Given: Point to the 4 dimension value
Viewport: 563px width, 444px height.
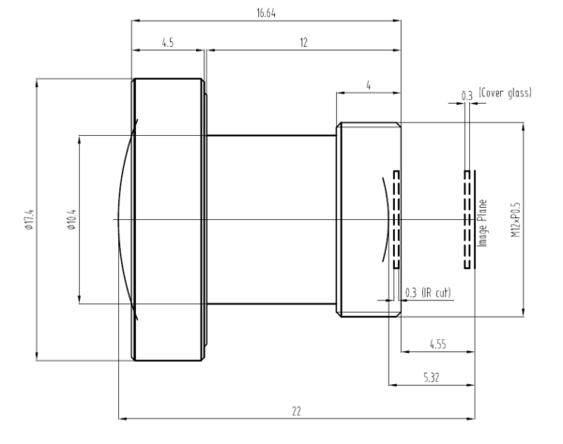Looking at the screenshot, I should coord(369,85).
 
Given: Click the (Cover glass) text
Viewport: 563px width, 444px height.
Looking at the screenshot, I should coord(505,94).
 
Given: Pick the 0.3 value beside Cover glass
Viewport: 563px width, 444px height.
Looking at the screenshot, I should coord(466,94).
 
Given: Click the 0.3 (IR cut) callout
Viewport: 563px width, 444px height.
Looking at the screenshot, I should coord(428,294).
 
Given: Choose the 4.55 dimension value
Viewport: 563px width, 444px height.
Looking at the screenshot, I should coord(436,345).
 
